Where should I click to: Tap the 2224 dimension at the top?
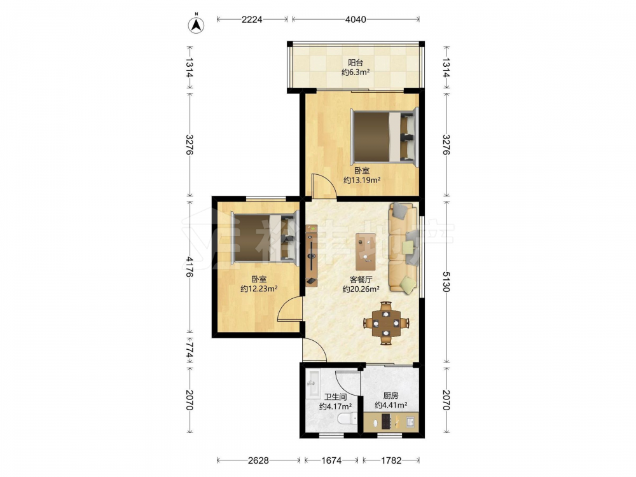click(252, 19)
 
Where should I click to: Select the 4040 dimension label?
click(356, 19)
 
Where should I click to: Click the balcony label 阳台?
click(356, 62)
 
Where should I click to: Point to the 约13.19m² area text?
click(362, 180)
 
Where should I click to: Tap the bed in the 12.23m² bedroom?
click(265, 238)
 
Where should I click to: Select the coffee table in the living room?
click(366, 252)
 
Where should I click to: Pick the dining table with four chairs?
click(386, 323)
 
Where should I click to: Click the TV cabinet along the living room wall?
click(312, 256)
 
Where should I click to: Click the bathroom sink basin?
click(313, 384)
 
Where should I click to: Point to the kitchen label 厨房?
click(391, 396)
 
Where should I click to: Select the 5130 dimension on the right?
click(446, 282)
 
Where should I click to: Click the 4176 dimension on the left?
click(190, 266)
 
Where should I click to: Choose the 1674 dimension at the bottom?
click(331, 460)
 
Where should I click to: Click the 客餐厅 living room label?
click(361, 279)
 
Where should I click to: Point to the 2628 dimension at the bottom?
click(258, 460)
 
